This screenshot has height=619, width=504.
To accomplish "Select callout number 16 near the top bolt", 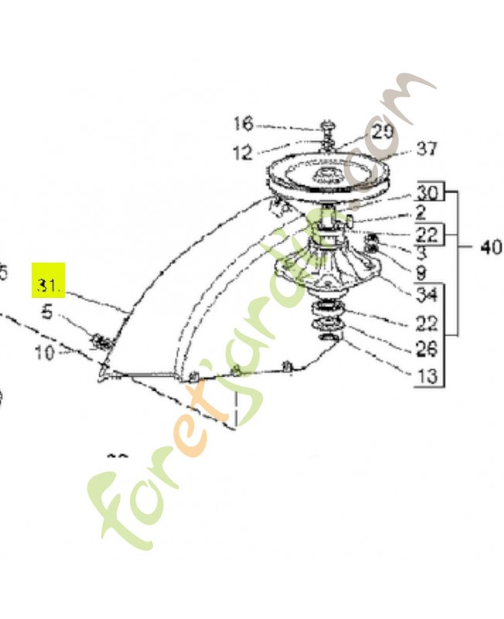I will pos(243,124).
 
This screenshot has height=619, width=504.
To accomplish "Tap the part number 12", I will pos(243,153).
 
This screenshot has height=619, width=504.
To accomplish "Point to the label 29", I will pos(382,132).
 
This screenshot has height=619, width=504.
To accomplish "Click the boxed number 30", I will pos(427,193).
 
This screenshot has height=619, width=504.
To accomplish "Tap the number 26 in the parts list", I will pos(427,350).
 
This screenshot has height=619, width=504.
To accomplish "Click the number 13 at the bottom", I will pos(427,377).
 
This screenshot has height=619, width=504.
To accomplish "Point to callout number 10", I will pos(45,353).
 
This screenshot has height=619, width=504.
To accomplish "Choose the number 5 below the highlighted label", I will pos(47,313).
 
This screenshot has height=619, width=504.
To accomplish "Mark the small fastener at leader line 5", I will pos(100,340).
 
